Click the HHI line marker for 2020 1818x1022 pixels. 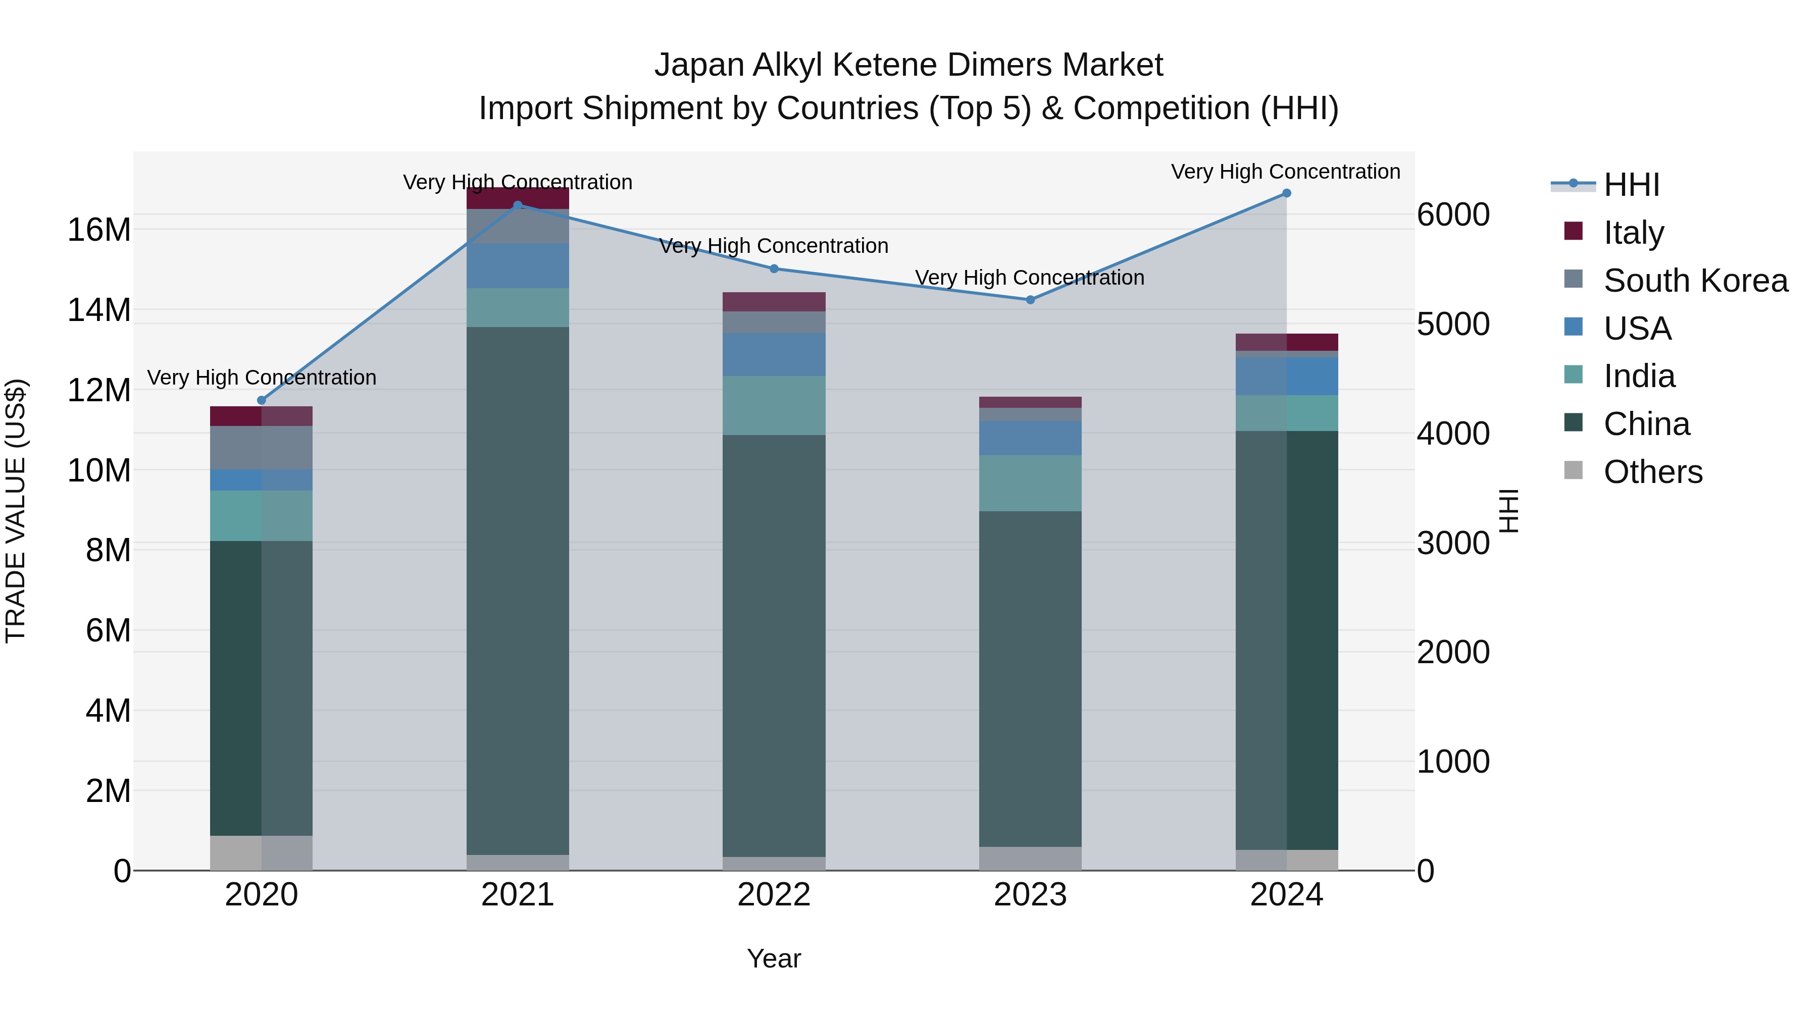pyautogui.click(x=261, y=401)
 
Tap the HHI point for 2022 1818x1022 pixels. pyautogui.click(x=774, y=268)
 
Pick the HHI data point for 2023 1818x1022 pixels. pyautogui.click(x=1030, y=300)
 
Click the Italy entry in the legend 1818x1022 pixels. pyautogui.click(x=1634, y=233)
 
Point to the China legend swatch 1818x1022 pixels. pyautogui.click(x=1574, y=423)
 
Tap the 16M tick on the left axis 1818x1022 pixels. pyautogui.click(x=99, y=230)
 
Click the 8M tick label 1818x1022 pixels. pyautogui.click(x=108, y=550)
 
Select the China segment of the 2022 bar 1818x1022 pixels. pyautogui.click(x=774, y=646)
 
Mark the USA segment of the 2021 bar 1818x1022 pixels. pyautogui.click(x=517, y=266)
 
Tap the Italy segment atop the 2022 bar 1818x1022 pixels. pyautogui.click(x=774, y=302)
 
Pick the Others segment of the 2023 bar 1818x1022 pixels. pyautogui.click(x=1030, y=858)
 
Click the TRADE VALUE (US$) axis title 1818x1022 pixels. pyautogui.click(x=16, y=511)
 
